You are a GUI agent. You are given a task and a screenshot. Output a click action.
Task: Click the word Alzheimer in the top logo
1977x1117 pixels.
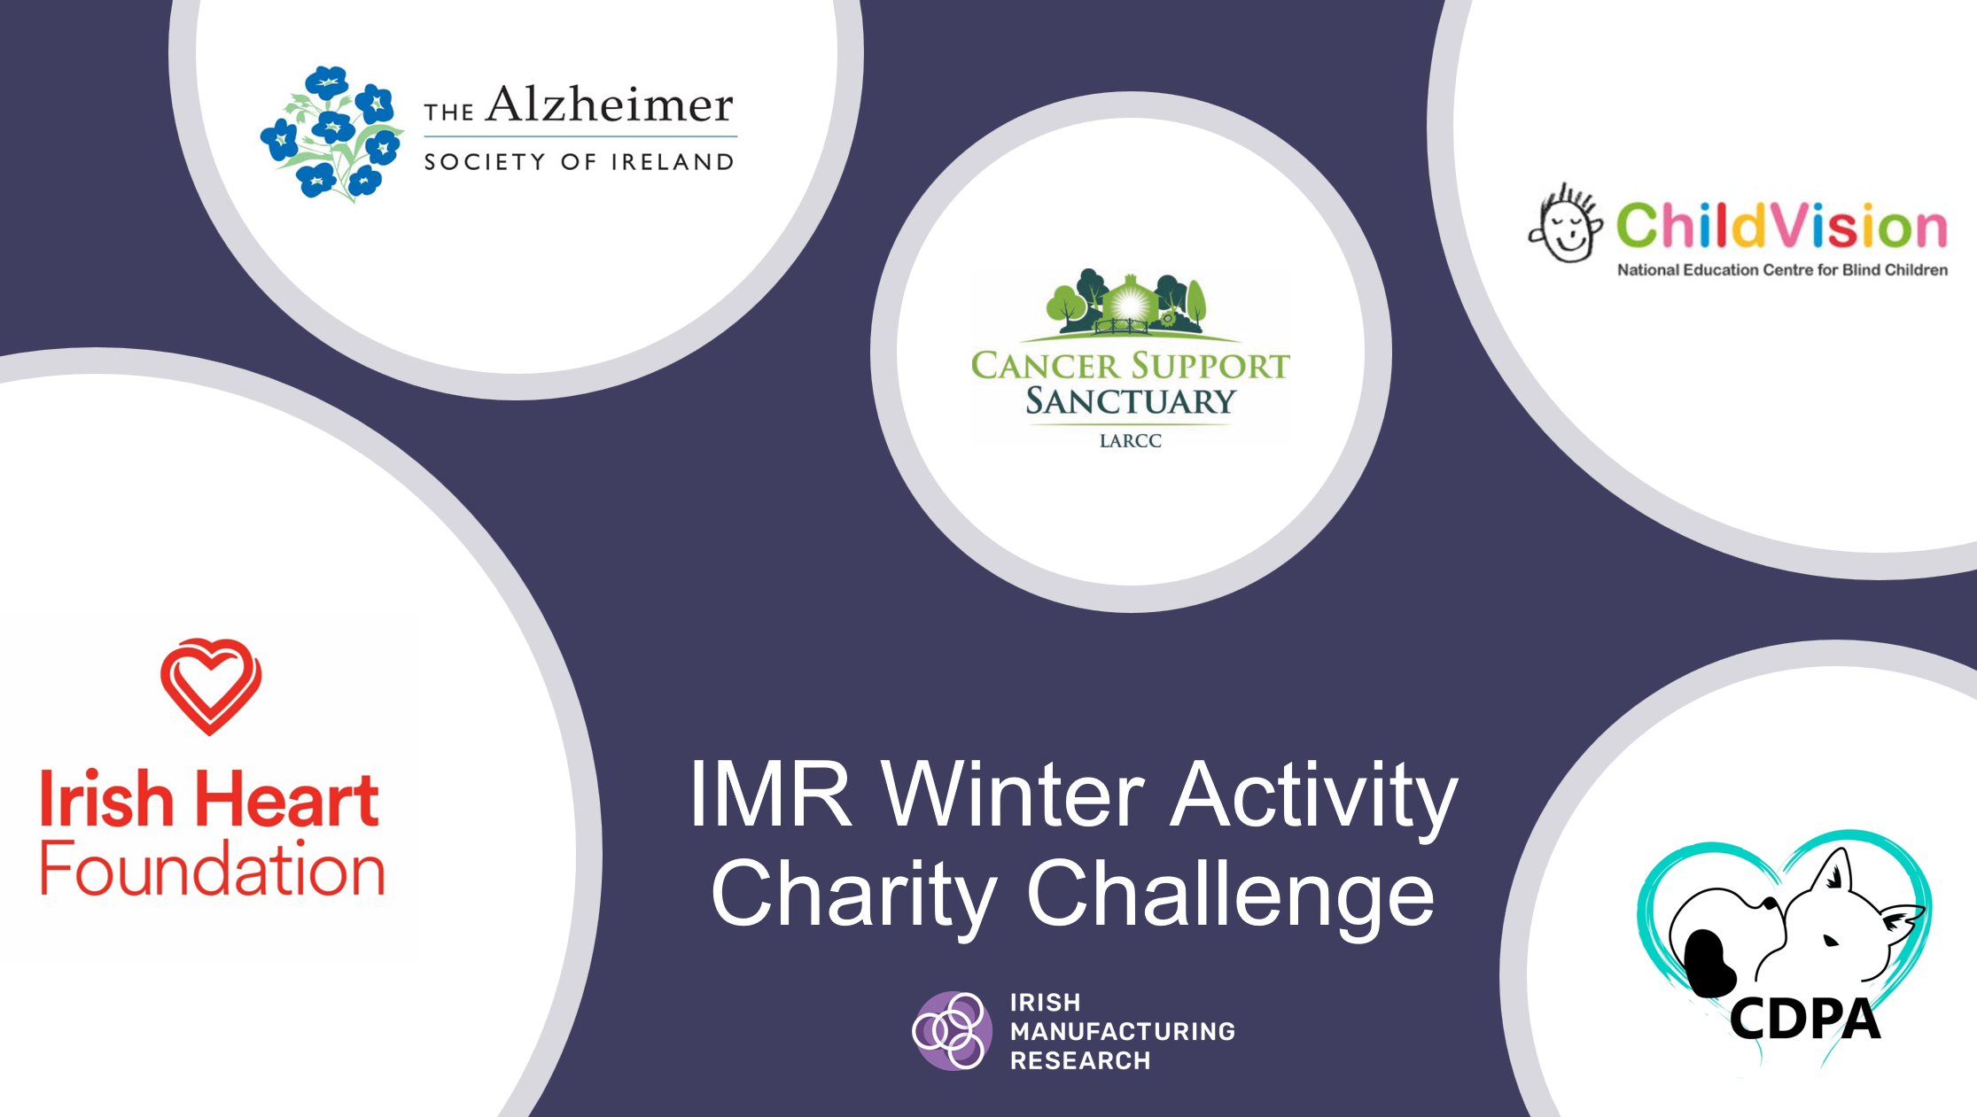click(x=610, y=105)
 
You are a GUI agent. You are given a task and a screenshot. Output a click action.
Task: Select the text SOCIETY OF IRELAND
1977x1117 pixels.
click(x=579, y=162)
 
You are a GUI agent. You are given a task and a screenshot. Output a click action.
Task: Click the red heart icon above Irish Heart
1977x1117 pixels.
click(x=211, y=685)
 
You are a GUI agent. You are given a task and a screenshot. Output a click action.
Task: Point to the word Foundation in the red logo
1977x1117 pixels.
click(x=213, y=869)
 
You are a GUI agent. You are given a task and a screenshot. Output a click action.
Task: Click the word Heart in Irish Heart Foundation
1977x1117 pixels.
click(x=287, y=799)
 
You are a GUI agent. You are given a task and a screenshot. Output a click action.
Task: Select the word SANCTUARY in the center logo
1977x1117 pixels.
click(x=1130, y=402)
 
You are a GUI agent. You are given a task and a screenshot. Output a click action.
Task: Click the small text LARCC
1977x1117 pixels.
click(x=1130, y=441)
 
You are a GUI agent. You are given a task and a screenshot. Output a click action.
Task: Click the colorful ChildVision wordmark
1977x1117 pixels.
click(x=1781, y=225)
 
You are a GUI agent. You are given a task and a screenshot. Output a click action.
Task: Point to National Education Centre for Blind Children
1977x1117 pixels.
click(x=1782, y=270)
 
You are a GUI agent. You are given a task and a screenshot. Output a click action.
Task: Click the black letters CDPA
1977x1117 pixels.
click(x=1804, y=1019)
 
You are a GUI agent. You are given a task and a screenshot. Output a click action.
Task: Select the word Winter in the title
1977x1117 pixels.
click(x=1012, y=794)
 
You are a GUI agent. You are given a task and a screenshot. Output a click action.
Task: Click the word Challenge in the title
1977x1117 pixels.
click(x=1230, y=893)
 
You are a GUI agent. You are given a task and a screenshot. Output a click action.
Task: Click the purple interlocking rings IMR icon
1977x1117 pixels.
click(x=952, y=1030)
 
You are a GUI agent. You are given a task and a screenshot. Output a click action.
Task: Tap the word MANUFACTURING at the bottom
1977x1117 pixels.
click(x=1122, y=1031)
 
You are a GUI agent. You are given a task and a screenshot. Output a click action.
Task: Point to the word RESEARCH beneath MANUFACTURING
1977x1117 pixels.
click(x=1080, y=1060)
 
